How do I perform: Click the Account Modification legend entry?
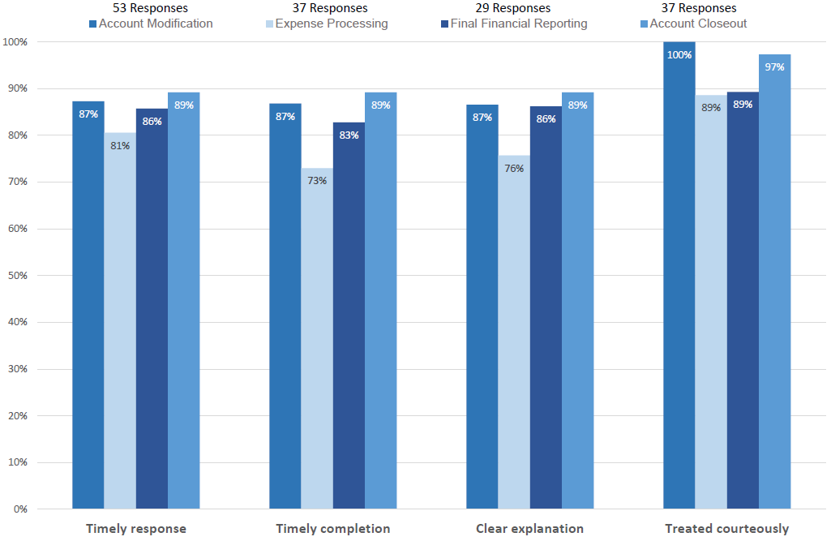tap(151, 24)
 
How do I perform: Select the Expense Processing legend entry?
tap(327, 24)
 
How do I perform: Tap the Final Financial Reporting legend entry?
tap(506, 24)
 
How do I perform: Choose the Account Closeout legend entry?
tap(692, 24)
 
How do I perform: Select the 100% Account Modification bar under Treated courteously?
tap(679, 276)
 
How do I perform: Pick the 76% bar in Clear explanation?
tap(514, 333)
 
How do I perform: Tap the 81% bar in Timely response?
tap(120, 321)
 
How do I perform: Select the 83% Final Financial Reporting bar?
tap(349, 316)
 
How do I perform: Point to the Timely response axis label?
tap(136, 529)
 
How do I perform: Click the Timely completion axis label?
tap(333, 529)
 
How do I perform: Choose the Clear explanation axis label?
tap(529, 529)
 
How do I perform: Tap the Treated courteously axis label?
tap(726, 529)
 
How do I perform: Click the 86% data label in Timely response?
tap(152, 122)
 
